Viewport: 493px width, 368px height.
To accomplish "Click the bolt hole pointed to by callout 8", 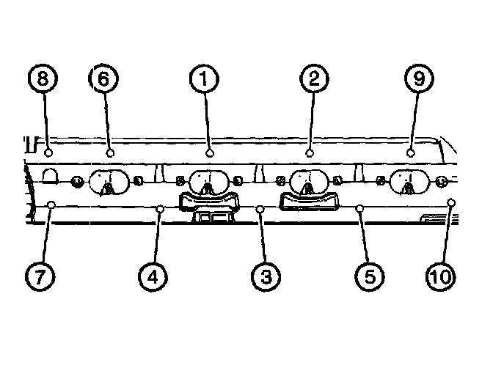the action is [48, 153].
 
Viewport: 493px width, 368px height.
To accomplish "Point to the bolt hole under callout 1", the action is [210, 153].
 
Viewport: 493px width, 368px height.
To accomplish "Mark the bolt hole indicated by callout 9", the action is [411, 153].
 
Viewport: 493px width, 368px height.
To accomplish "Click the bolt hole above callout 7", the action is [51, 205].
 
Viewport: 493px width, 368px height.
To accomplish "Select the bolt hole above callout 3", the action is [260, 209].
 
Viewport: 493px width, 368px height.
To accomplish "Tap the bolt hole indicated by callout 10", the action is [451, 202].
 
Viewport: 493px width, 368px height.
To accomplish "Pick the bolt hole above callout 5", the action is [360, 209].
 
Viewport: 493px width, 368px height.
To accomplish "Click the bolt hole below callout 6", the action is [109, 153].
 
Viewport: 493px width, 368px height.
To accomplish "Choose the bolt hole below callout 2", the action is [310, 153].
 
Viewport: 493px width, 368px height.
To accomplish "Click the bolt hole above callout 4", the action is [160, 209].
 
